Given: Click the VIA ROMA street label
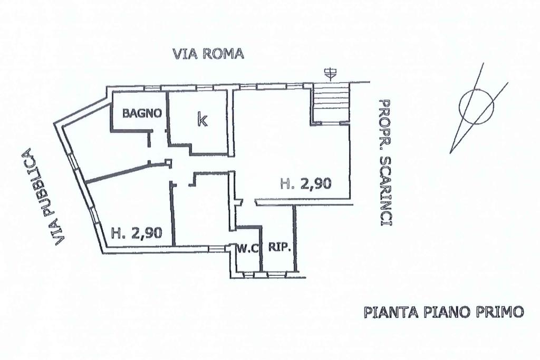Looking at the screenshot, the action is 208,54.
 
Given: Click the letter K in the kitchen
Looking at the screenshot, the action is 201,120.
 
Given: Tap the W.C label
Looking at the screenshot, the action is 247,247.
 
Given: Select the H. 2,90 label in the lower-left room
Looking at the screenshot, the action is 137,232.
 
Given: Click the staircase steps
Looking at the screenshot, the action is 332,103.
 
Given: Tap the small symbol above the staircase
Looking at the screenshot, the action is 331,74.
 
